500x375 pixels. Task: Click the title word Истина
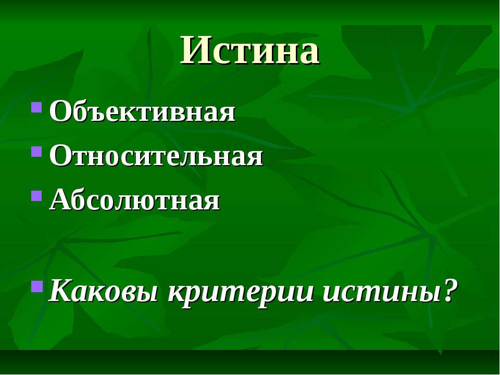pos(250,51)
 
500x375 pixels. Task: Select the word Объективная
pos(142,112)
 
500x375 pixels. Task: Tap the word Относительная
pos(156,156)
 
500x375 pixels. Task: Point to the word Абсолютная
pos(134,201)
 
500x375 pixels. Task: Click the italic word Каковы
pos(104,292)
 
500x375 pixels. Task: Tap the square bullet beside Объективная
pos(36,108)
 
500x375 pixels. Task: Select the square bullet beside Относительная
pos(36,152)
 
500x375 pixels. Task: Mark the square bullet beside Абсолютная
pos(36,196)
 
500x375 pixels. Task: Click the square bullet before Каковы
pos(36,285)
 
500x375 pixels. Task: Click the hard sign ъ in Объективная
pos(87,114)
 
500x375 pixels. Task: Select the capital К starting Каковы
pos(61,291)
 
